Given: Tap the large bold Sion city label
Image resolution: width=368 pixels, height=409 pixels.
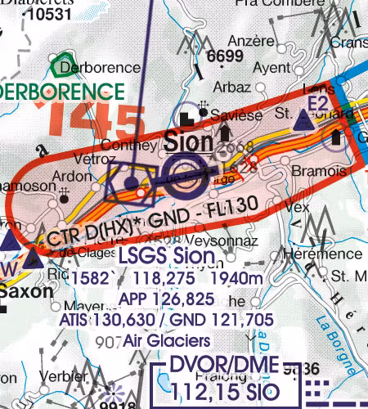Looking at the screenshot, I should coord(188,142).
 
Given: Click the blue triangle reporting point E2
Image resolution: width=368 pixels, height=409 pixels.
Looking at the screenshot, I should coord(303,122).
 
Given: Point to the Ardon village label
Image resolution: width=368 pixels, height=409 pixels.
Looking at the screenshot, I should coord(67,175).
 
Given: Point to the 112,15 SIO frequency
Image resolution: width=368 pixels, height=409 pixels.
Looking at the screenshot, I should coord(227,389).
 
